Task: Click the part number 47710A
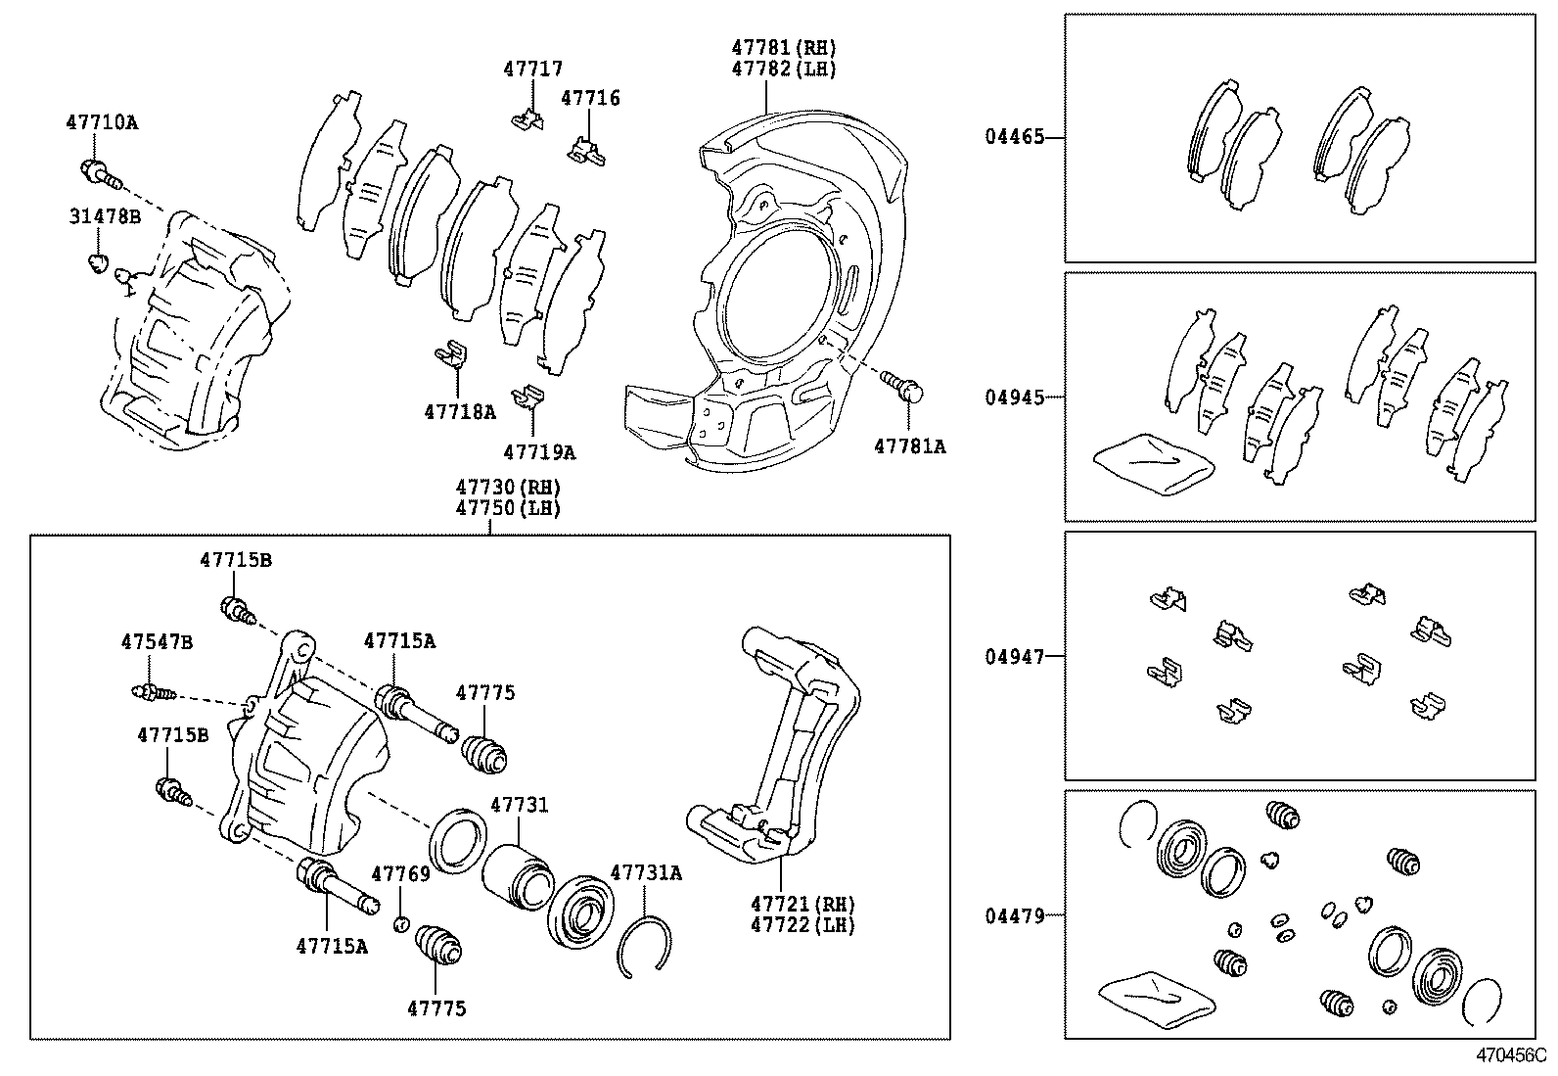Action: pyautogui.click(x=102, y=123)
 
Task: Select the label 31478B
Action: pyautogui.click(x=104, y=215)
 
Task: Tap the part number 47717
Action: pyautogui.click(x=533, y=69)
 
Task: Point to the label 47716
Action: pyautogui.click(x=590, y=98)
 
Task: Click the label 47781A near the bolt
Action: pyautogui.click(x=909, y=446)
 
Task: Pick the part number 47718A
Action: pyautogui.click(x=459, y=412)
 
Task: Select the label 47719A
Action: pyautogui.click(x=538, y=452)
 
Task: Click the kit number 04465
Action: pyautogui.click(x=1014, y=138)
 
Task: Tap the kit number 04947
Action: pyautogui.click(x=1014, y=657)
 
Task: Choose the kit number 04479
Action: pyautogui.click(x=1014, y=916)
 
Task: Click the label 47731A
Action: pyautogui.click(x=646, y=872)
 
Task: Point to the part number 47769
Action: pyautogui.click(x=400, y=873)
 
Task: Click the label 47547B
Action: pyautogui.click(x=157, y=642)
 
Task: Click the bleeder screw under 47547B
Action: pyautogui.click(x=152, y=693)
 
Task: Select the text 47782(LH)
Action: pyautogui.click(x=784, y=69)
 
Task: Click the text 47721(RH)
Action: pyautogui.click(x=802, y=904)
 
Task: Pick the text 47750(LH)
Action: pyautogui.click(x=507, y=509)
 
